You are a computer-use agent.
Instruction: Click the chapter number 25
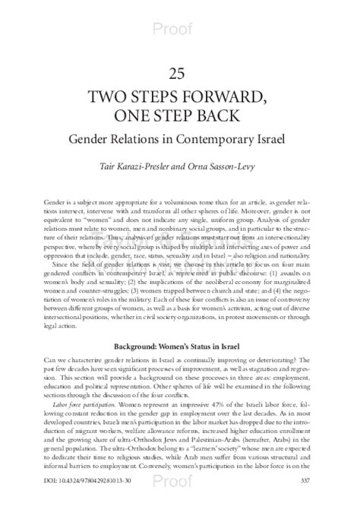180,73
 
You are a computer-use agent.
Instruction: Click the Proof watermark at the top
180,9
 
